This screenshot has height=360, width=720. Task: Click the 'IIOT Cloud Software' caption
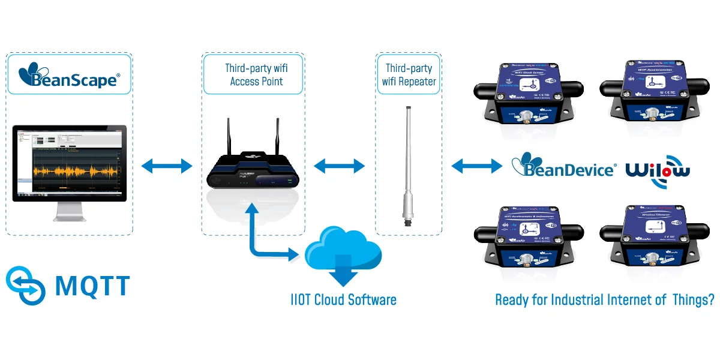(x=343, y=299)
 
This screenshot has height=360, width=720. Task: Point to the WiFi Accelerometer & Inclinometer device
(x=527, y=237)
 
